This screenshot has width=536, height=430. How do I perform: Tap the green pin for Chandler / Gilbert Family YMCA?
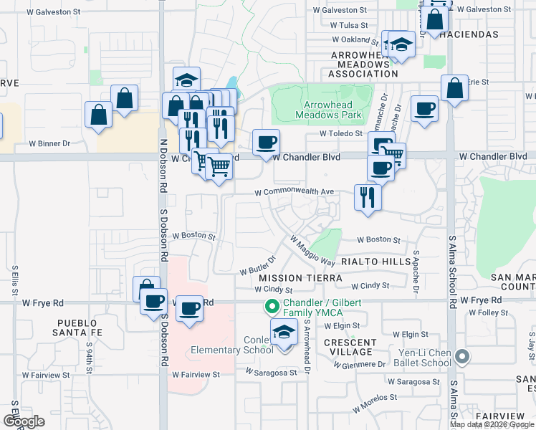tap(272, 307)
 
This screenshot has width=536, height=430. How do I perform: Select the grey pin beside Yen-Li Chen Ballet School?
tap(462, 356)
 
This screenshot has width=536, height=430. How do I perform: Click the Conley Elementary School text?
tap(232, 345)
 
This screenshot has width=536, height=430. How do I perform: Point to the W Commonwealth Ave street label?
tap(295, 192)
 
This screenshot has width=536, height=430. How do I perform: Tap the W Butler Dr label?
tap(257, 265)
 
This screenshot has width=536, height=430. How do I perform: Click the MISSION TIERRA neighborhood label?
tap(287, 277)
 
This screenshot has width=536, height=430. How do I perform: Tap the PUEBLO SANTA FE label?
tap(81, 328)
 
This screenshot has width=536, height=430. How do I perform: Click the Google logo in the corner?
tap(23, 421)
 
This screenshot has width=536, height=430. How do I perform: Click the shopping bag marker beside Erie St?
tap(454, 89)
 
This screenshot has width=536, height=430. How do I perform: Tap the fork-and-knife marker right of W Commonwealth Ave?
tap(368, 197)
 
